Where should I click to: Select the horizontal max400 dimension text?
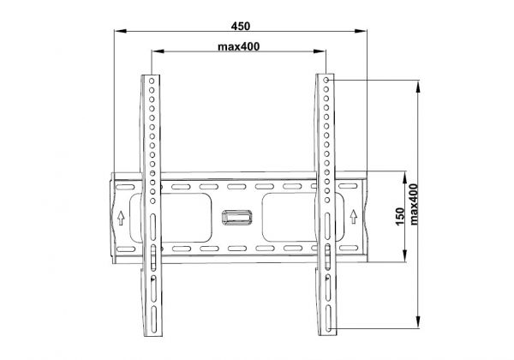tap(239, 45)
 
